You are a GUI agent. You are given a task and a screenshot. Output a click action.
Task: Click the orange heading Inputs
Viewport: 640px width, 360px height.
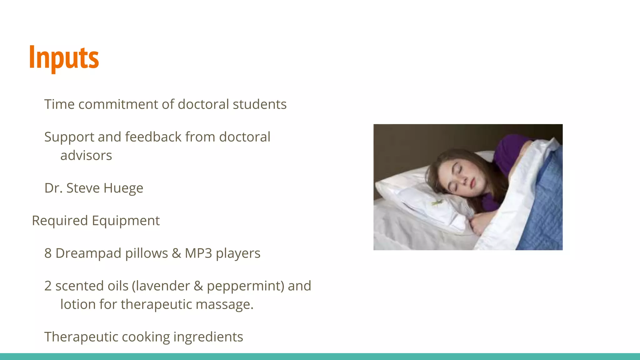pyautogui.click(x=64, y=58)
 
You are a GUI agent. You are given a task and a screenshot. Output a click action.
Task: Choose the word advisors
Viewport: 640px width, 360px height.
pyautogui.click(x=86, y=156)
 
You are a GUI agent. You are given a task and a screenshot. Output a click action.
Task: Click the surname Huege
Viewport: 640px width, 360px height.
pyautogui.click(x=123, y=188)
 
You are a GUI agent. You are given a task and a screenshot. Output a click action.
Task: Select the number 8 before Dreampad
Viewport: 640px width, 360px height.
pyautogui.click(x=48, y=253)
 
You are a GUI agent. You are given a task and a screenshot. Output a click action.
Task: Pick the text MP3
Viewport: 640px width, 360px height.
pyautogui.click(x=198, y=253)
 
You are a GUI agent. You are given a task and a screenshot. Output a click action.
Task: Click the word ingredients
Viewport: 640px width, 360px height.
pyautogui.click(x=208, y=337)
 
